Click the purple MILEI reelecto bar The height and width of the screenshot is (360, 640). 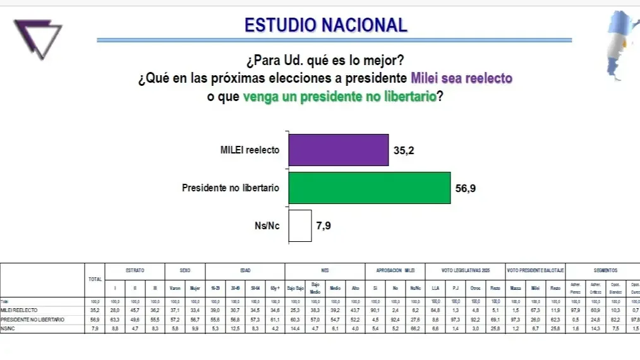tap(338, 150)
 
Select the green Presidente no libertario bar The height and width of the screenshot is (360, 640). tap(369, 188)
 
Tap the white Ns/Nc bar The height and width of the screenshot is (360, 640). tap(300, 225)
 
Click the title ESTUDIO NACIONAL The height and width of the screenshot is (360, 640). tap(325, 25)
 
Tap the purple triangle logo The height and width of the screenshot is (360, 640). tap(38, 39)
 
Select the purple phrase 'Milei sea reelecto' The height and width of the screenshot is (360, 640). tap(461, 78)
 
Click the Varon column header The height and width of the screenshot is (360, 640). tap(175, 287)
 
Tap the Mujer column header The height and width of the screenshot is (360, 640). tap(195, 287)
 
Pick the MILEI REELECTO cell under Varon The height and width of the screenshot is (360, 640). tap(175, 311)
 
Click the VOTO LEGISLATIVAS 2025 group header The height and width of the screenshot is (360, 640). tap(464, 270)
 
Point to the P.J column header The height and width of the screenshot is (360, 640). tap(454, 287)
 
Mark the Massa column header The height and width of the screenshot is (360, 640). tap(516, 287)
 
